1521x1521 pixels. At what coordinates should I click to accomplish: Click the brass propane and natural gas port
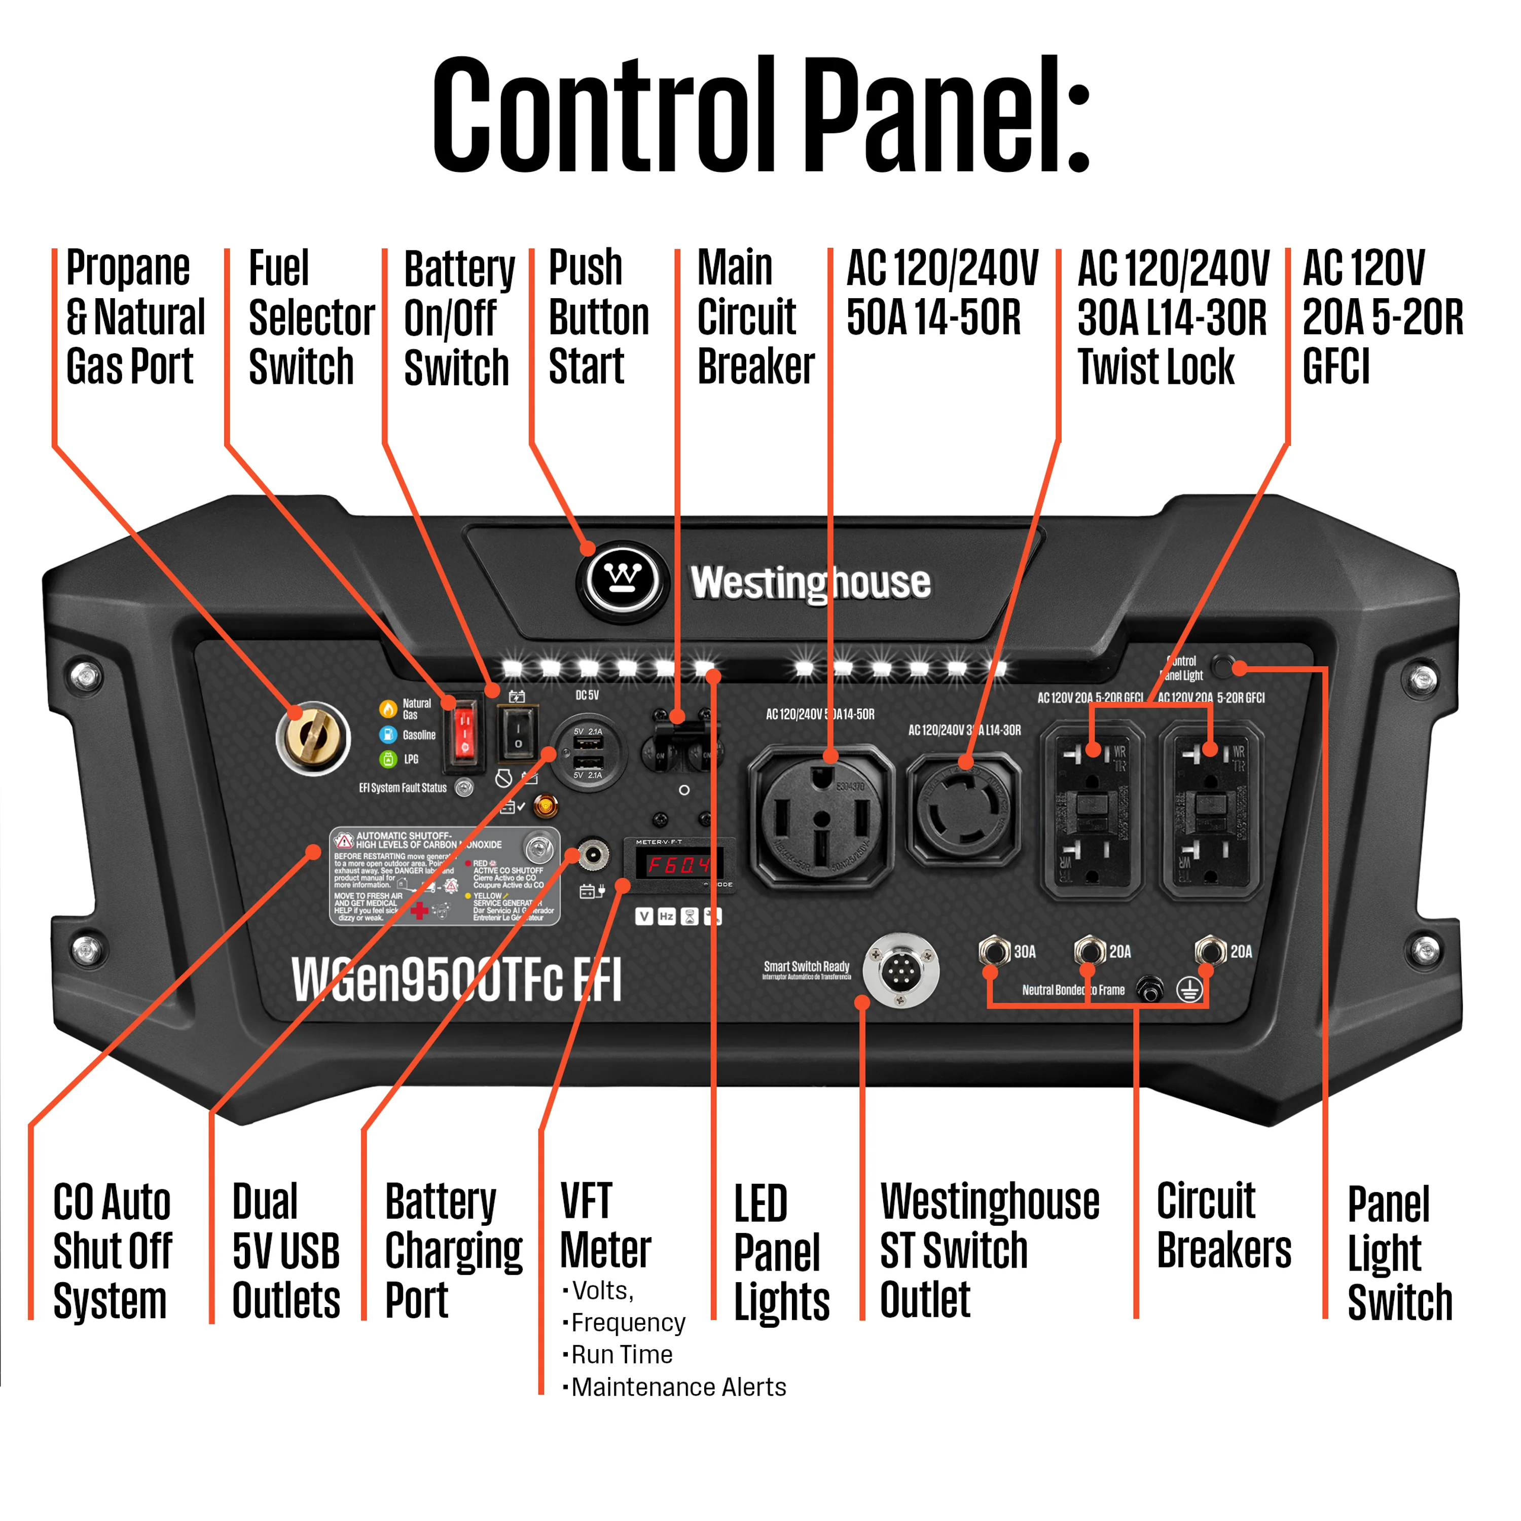(x=313, y=738)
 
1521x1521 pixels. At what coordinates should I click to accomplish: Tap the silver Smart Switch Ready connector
(x=900, y=971)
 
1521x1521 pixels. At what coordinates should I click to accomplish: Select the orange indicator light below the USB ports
(x=545, y=806)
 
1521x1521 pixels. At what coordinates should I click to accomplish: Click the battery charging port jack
(x=592, y=854)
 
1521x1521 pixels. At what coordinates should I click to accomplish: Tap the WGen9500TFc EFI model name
(x=457, y=980)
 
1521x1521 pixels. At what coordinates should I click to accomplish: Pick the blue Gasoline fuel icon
(x=387, y=735)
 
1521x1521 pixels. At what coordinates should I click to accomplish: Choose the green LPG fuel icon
(x=387, y=759)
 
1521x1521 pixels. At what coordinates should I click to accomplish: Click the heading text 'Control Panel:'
(x=760, y=114)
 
